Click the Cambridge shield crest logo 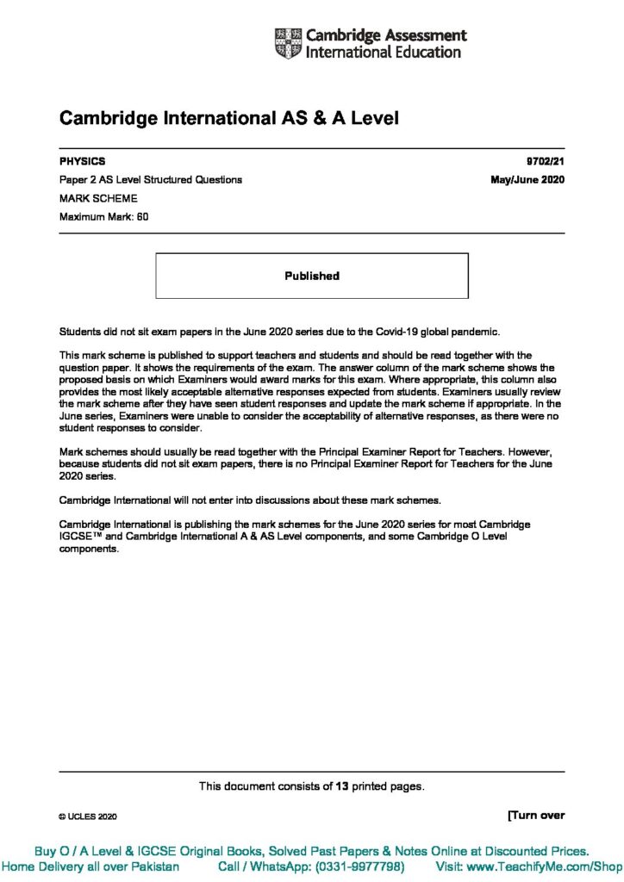pyautogui.click(x=289, y=44)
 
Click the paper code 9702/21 pyautogui.click(x=546, y=161)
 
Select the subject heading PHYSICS pyautogui.click(x=83, y=161)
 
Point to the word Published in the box pyautogui.click(x=312, y=276)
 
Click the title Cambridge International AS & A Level pyautogui.click(x=228, y=119)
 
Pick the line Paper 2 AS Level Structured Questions pyautogui.click(x=151, y=180)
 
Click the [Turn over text pyautogui.click(x=536, y=815)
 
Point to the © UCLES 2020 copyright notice pyautogui.click(x=88, y=816)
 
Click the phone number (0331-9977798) pyautogui.click(x=356, y=866)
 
